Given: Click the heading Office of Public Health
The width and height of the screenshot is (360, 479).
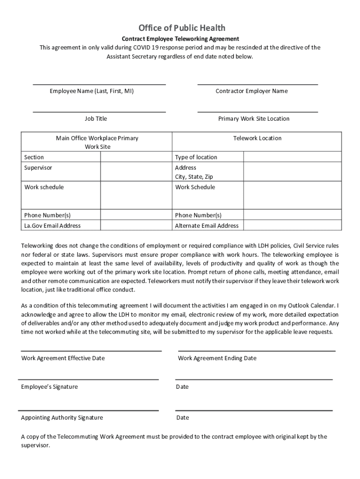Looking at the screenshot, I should (181, 28).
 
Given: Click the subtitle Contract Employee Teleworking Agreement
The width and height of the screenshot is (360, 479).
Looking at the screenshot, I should (180, 39).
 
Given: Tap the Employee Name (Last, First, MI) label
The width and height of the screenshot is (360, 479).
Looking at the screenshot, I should (92, 91).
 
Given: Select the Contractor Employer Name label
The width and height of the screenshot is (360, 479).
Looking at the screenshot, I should (252, 91).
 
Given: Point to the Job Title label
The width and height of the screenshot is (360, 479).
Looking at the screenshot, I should (96, 119).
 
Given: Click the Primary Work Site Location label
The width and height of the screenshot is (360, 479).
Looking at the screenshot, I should (254, 119).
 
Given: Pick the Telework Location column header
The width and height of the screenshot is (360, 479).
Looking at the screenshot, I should (257, 138).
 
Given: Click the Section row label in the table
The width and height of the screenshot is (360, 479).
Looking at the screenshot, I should (34, 157).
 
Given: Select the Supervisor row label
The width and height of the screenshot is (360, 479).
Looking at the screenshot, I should (38, 167).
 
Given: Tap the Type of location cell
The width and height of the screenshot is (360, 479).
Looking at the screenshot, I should (196, 157).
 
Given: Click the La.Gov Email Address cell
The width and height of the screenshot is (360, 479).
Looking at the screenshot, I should (52, 225).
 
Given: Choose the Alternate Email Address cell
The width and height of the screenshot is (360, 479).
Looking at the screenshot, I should (207, 225).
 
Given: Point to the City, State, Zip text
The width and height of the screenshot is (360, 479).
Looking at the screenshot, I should (194, 177).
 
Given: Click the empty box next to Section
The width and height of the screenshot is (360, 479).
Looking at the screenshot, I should (136, 157).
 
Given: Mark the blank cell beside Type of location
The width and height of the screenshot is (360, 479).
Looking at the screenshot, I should (292, 157).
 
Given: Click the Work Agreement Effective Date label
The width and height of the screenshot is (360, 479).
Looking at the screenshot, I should (63, 358).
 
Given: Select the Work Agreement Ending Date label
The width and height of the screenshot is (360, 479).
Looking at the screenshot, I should (217, 358).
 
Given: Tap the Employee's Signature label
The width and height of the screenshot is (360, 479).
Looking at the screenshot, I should (50, 387).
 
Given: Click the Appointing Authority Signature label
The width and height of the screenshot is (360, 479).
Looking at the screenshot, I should (62, 418).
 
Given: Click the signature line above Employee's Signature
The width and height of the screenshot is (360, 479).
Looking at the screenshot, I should (89, 379).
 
